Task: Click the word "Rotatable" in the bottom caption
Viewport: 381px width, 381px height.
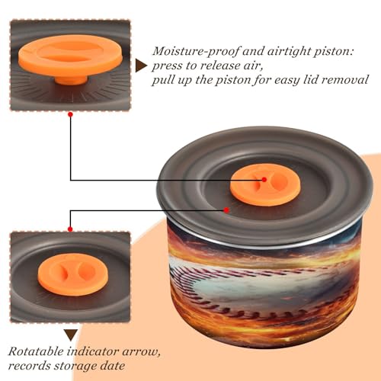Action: coord(36,351)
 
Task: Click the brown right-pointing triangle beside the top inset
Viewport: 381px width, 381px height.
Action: coord(141,66)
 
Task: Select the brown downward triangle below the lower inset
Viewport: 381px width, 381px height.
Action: coord(71,335)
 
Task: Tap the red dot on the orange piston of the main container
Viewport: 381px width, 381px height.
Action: coord(264,180)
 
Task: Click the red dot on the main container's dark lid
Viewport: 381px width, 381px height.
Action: coord(226,210)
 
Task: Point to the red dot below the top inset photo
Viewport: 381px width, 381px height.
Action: coord(71,114)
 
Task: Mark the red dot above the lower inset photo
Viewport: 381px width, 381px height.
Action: coord(70,229)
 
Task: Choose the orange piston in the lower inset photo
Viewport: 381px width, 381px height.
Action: coord(73,274)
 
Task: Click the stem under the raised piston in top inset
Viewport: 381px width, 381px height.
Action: coord(71,80)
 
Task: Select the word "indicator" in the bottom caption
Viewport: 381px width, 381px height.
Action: coord(93,351)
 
